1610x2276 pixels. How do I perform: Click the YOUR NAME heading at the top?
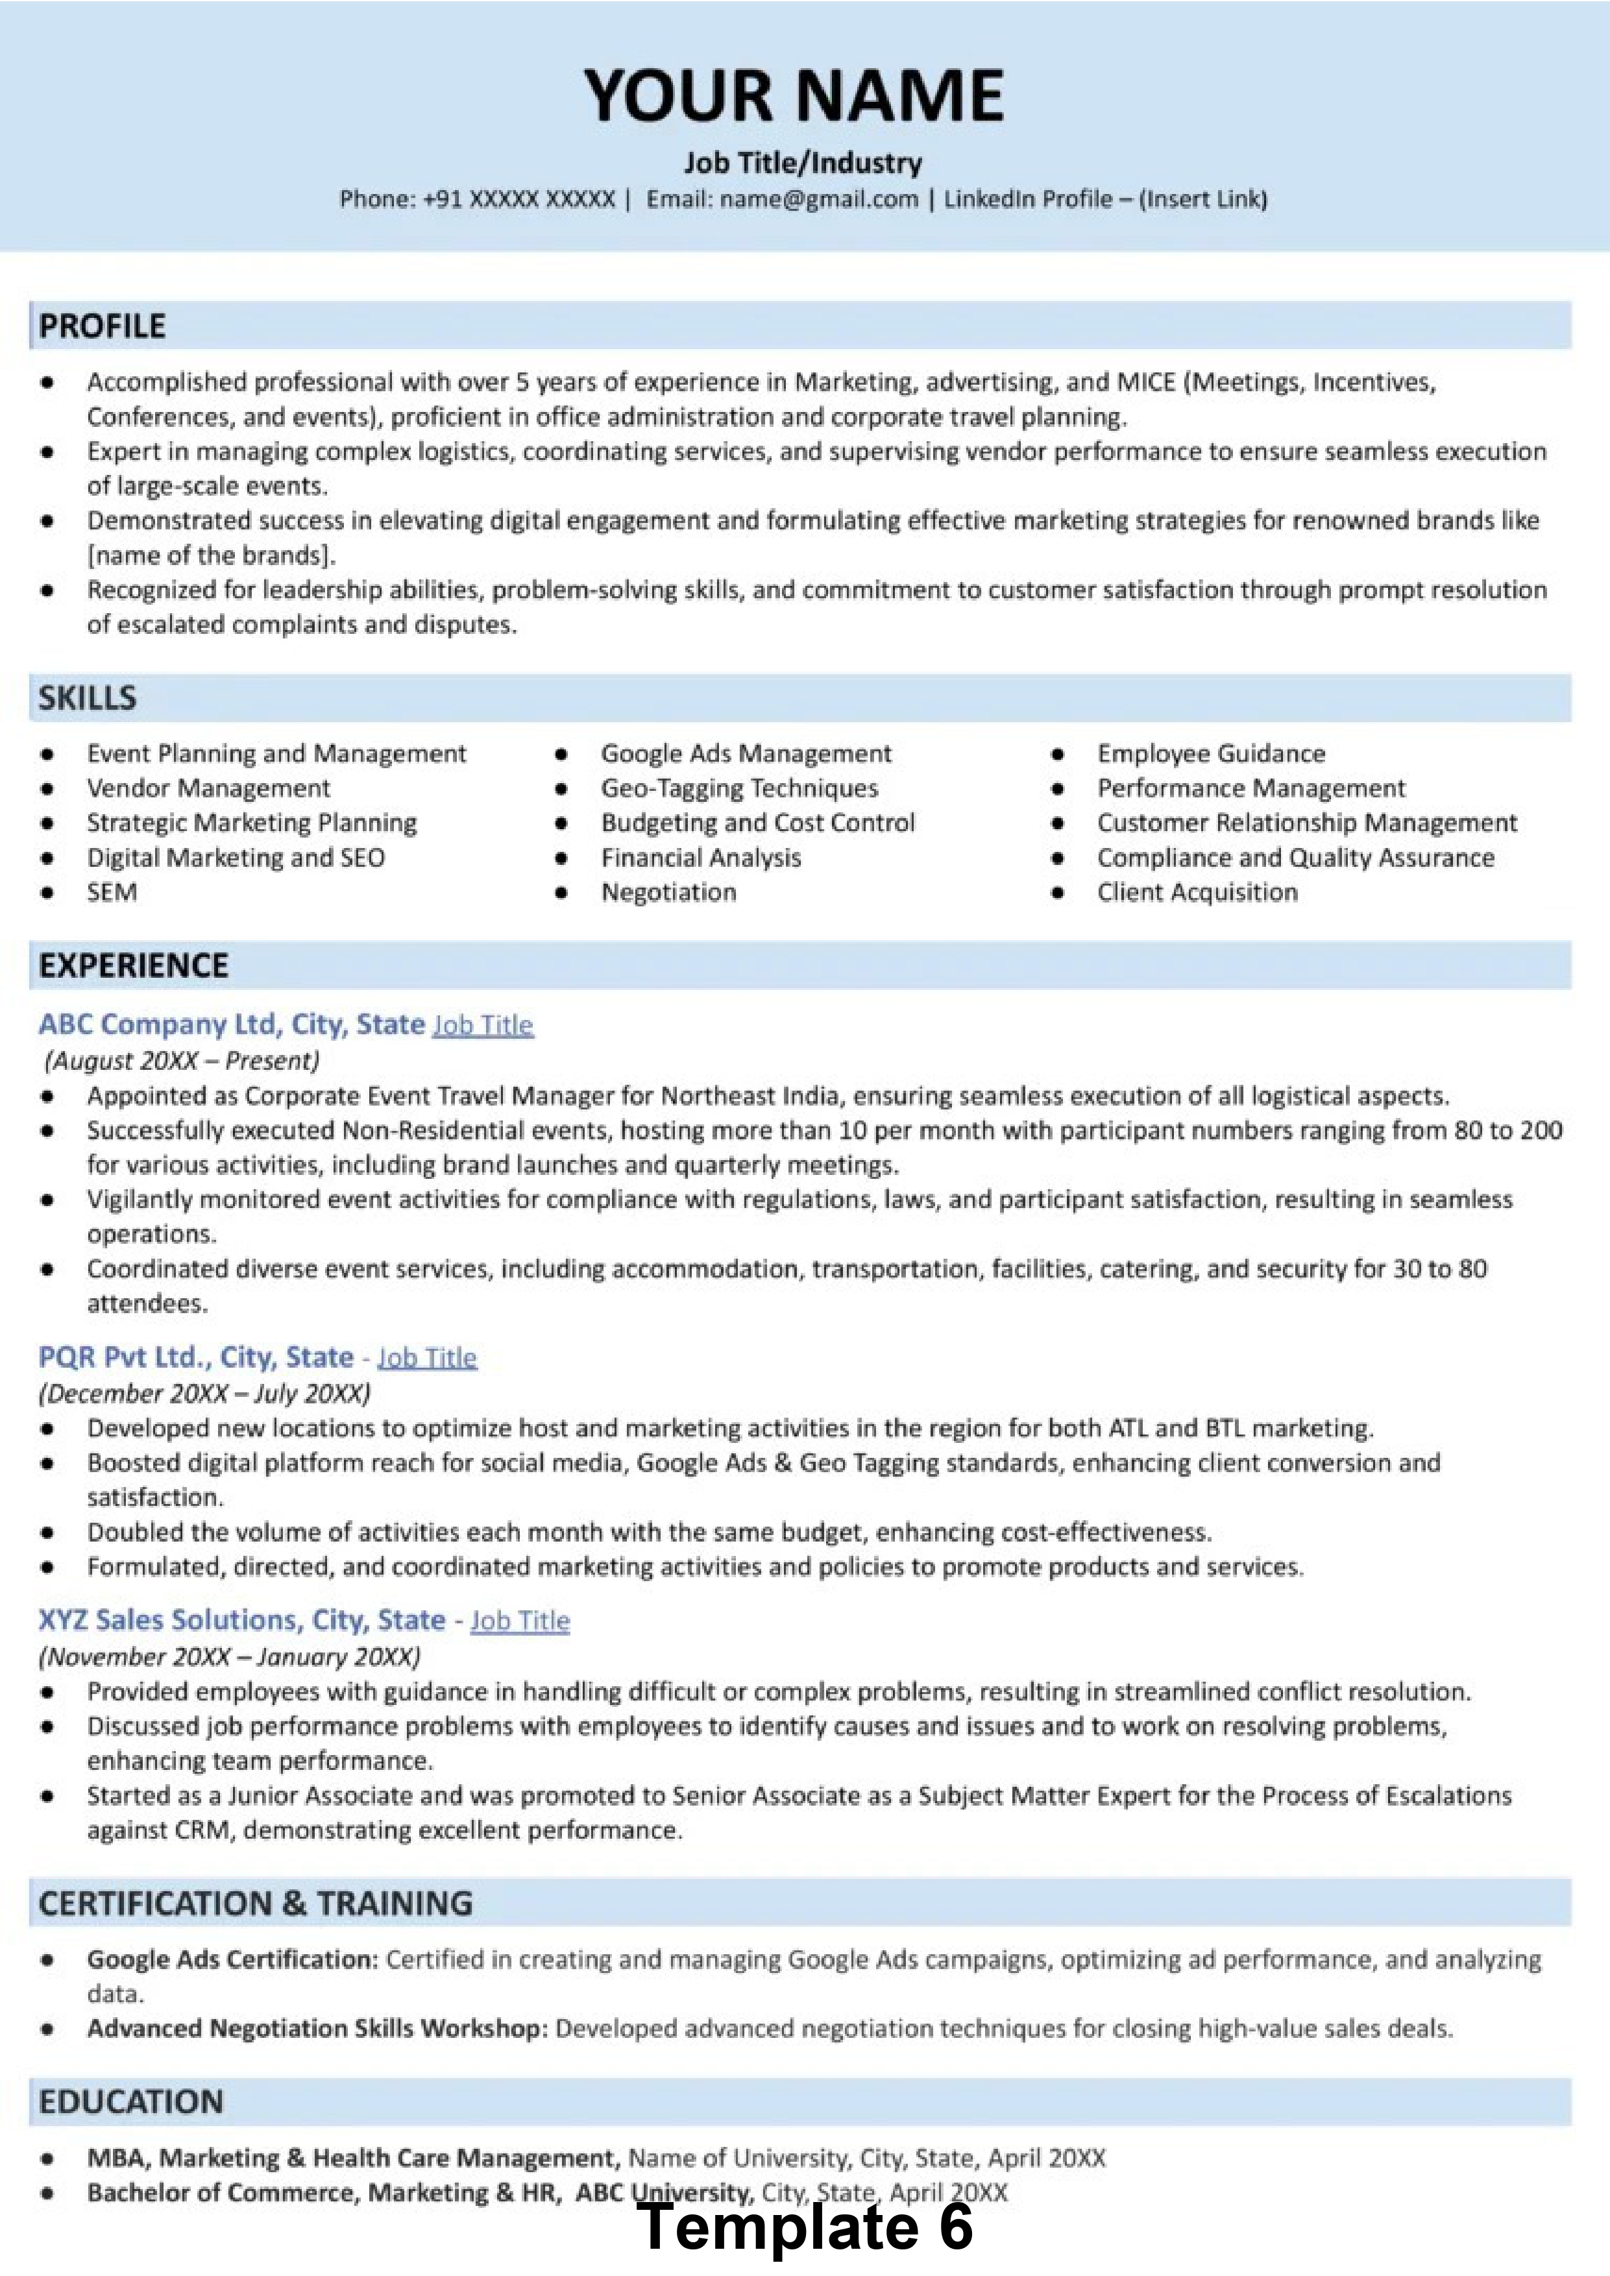(x=794, y=96)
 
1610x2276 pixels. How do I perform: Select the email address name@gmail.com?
(x=819, y=199)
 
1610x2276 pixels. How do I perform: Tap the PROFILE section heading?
(x=102, y=326)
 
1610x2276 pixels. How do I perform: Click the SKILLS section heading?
(x=87, y=698)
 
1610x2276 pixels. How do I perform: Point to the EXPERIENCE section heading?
(x=133, y=965)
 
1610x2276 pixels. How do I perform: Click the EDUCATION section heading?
(x=131, y=2101)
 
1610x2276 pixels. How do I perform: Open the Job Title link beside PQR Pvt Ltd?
(x=427, y=1357)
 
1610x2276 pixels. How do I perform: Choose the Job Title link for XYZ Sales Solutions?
(x=520, y=1621)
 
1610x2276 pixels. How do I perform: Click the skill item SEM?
(x=112, y=892)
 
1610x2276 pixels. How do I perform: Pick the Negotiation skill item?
(x=668, y=892)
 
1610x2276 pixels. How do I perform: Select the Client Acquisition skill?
(x=1197, y=892)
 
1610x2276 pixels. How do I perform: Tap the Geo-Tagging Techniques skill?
(x=740, y=788)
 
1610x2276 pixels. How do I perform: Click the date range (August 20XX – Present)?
(x=182, y=1061)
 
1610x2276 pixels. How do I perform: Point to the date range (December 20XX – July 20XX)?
(x=204, y=1393)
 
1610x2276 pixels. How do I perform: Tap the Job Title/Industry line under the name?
(x=802, y=163)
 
